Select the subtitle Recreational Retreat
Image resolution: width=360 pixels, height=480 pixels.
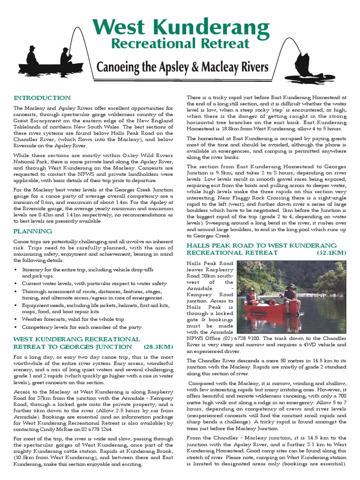click(x=180, y=44)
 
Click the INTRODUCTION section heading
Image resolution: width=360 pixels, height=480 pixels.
click(x=42, y=98)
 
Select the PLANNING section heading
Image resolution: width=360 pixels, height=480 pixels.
click(x=32, y=231)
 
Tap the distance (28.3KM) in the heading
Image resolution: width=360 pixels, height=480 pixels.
click(x=158, y=346)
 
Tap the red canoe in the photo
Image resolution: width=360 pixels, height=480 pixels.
click(x=272, y=307)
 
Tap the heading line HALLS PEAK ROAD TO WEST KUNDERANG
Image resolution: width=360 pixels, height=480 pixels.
click(x=262, y=246)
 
